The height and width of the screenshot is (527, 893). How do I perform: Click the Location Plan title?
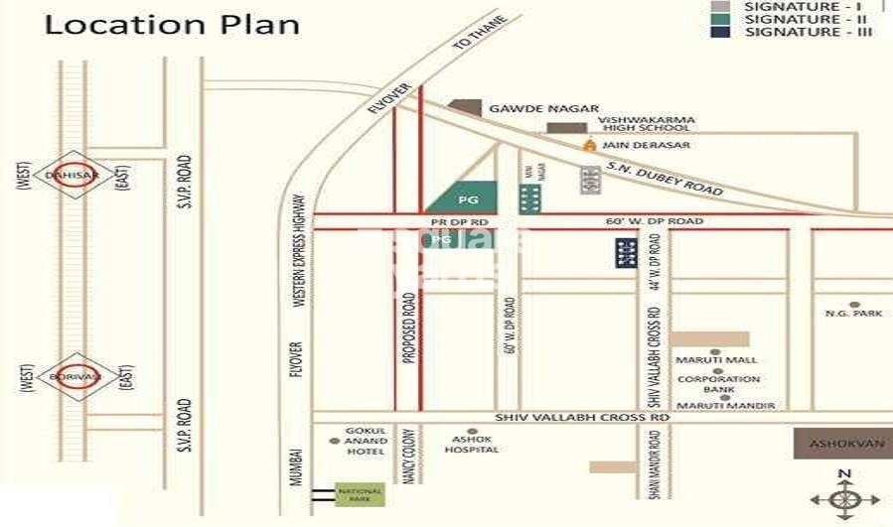pos(172,24)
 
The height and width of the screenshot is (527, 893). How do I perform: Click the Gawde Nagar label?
pos(543,108)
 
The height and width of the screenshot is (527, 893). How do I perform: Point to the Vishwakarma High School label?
pos(645,124)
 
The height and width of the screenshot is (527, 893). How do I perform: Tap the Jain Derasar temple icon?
pos(589,145)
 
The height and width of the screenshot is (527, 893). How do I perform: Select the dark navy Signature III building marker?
pos(625,253)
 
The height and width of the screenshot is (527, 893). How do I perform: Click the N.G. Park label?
pos(853,314)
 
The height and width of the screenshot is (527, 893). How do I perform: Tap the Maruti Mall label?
pos(716,359)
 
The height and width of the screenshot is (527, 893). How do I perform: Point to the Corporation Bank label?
pos(719,385)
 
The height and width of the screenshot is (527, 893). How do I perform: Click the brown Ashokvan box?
pos(842,444)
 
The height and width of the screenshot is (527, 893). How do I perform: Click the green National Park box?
pos(360,492)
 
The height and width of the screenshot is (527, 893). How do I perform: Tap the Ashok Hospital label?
pos(472,444)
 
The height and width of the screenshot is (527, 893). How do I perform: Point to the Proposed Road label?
pos(407,329)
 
